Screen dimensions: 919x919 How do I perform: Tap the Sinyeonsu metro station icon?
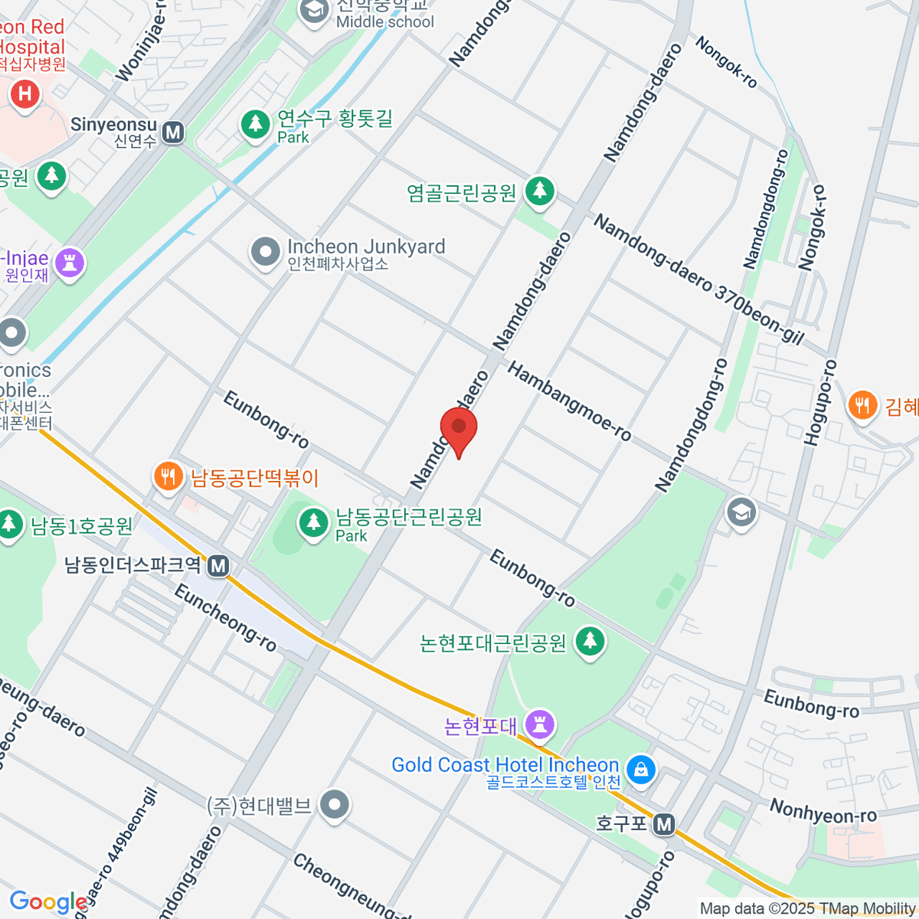point(174,132)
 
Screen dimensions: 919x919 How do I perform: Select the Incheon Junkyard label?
point(365,247)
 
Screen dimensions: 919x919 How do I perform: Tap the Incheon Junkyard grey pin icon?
point(266,251)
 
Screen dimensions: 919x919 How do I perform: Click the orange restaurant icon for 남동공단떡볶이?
point(168,476)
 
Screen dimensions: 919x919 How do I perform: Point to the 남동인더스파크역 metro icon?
point(219,566)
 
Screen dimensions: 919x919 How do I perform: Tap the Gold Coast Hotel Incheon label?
point(505,765)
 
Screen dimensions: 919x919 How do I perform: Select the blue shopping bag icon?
point(641,768)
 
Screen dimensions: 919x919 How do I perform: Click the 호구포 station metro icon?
point(665,824)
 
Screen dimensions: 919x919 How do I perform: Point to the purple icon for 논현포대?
point(541,724)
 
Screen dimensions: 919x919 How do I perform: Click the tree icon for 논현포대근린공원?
point(590,641)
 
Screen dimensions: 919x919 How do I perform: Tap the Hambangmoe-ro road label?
point(570,402)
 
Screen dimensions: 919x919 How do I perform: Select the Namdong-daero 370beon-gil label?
point(697,280)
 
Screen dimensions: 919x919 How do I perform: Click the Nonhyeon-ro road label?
point(823,811)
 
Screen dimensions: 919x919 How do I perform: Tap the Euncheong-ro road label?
point(225,617)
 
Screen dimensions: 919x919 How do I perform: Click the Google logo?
point(48,902)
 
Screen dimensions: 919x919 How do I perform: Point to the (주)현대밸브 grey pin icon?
point(335,805)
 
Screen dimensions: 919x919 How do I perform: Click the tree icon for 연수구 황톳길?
point(255,124)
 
